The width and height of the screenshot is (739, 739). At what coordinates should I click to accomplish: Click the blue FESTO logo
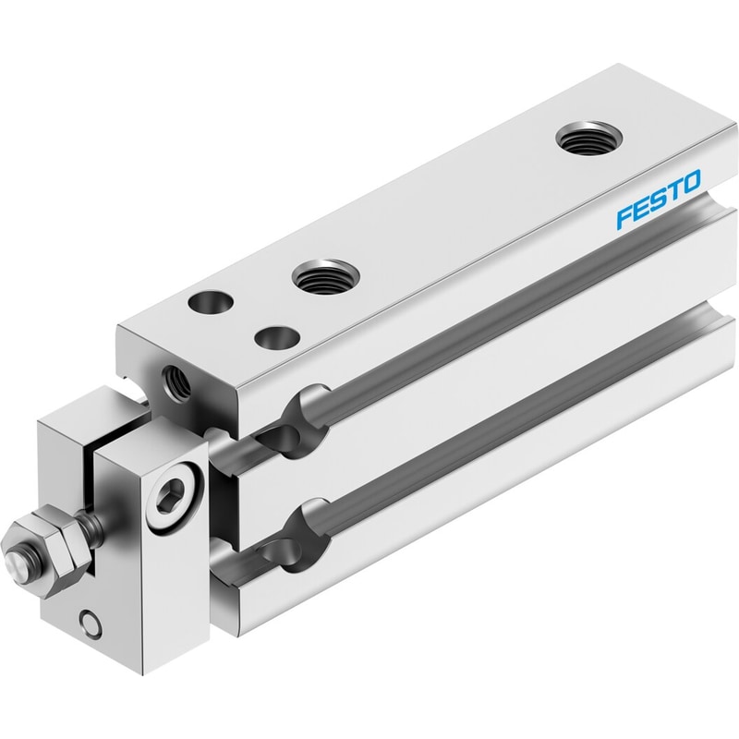[660, 200]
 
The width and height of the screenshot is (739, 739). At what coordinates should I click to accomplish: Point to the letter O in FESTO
[692, 181]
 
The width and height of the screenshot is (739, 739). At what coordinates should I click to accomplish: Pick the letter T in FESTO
[674, 190]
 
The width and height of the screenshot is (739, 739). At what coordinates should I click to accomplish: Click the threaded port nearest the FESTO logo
[589, 138]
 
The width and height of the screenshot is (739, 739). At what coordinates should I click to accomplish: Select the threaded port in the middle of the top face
[326, 276]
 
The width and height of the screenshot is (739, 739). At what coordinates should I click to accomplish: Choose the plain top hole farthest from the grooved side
[211, 302]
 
